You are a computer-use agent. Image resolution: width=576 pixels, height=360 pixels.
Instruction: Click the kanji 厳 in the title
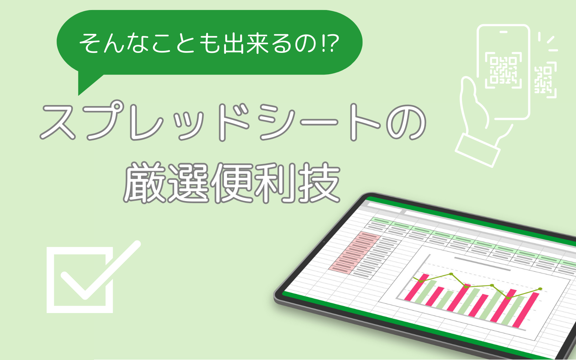144,183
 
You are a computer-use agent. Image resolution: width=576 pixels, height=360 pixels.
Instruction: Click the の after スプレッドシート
406,122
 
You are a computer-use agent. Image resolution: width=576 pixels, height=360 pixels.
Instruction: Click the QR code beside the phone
545,80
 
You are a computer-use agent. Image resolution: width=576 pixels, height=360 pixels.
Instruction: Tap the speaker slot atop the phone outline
503,32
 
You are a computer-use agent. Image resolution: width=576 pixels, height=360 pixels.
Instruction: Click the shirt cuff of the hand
478,150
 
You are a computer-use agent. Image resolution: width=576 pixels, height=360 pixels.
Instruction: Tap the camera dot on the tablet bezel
324,242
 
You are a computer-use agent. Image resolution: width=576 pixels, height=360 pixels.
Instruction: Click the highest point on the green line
451,274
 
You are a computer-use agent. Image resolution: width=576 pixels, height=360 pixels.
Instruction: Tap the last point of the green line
540,289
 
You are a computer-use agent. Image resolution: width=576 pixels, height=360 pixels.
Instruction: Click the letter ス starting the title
58,122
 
